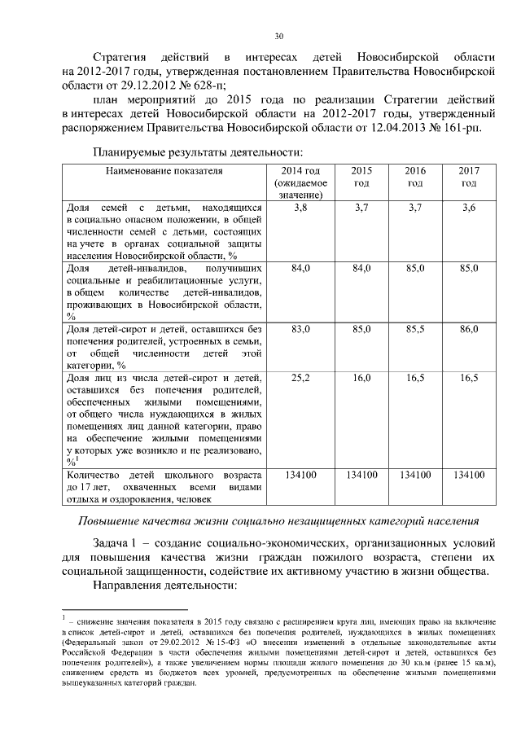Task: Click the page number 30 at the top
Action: [278, 36]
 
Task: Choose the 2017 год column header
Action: [468, 177]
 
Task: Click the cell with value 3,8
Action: [300, 208]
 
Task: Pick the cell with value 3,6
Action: [468, 208]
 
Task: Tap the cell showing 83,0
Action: [300, 328]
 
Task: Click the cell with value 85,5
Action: [415, 328]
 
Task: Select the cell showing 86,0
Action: [468, 328]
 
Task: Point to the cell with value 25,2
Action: [300, 377]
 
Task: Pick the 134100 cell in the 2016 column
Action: [415, 474]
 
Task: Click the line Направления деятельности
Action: [164, 586]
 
